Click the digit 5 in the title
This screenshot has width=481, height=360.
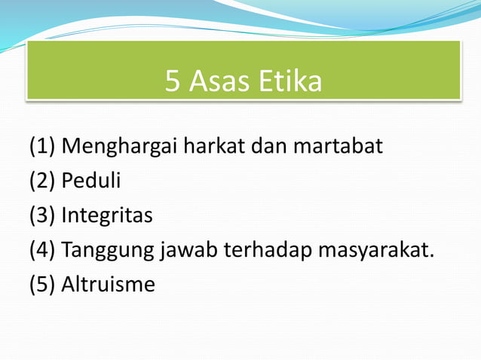click(x=173, y=82)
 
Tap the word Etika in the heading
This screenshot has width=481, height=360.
click(x=290, y=82)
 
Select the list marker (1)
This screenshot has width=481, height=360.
click(x=42, y=146)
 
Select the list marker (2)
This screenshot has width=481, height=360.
click(x=42, y=182)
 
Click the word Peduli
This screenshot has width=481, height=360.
click(x=90, y=182)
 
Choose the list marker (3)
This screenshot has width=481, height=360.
click(x=42, y=216)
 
